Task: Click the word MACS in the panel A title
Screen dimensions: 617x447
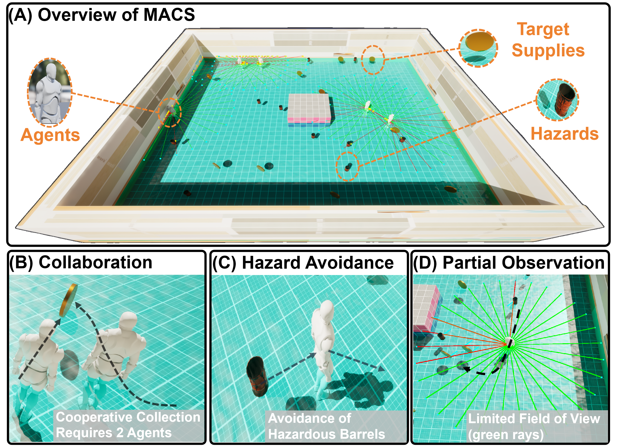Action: (x=169, y=15)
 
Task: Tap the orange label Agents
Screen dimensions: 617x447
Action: (x=50, y=135)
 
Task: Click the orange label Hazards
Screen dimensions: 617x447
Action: (x=564, y=134)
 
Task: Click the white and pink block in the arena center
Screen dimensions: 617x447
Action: (x=309, y=110)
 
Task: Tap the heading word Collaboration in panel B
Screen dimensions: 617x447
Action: (x=95, y=263)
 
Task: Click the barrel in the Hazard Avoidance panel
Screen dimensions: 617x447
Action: (x=257, y=376)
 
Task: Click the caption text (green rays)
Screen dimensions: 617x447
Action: (x=506, y=435)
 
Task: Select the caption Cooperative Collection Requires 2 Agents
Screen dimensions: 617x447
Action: (x=128, y=425)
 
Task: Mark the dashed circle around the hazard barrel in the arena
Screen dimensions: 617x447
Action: (x=347, y=166)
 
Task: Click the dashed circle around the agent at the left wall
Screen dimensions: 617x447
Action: (x=170, y=112)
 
